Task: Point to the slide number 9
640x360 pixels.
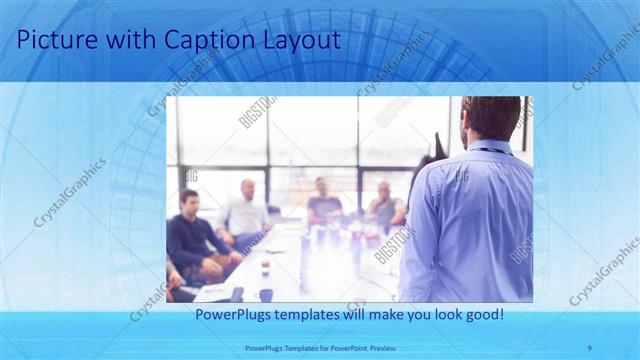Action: pos(589,347)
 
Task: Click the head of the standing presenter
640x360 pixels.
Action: pos(491,119)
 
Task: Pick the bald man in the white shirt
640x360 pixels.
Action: pos(245,211)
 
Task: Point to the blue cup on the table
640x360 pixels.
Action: pos(265,295)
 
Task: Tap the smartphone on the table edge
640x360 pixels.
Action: pos(237,293)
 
